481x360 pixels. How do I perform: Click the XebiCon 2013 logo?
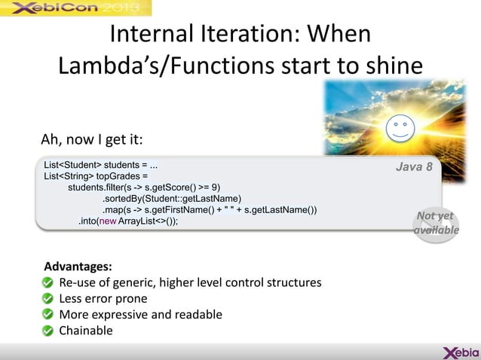(75, 8)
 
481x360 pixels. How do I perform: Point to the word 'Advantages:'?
(78, 267)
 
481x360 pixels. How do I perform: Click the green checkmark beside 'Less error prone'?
(47, 298)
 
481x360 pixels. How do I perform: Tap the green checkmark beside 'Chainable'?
(47, 331)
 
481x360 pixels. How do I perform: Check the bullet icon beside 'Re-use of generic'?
(47, 282)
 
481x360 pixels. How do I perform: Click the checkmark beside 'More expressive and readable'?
(47, 315)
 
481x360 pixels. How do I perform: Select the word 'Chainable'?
(86, 331)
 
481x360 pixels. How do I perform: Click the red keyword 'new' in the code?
(108, 221)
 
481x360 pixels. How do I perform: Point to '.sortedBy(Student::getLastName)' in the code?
(172, 198)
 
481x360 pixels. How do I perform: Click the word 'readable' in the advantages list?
(198, 315)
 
